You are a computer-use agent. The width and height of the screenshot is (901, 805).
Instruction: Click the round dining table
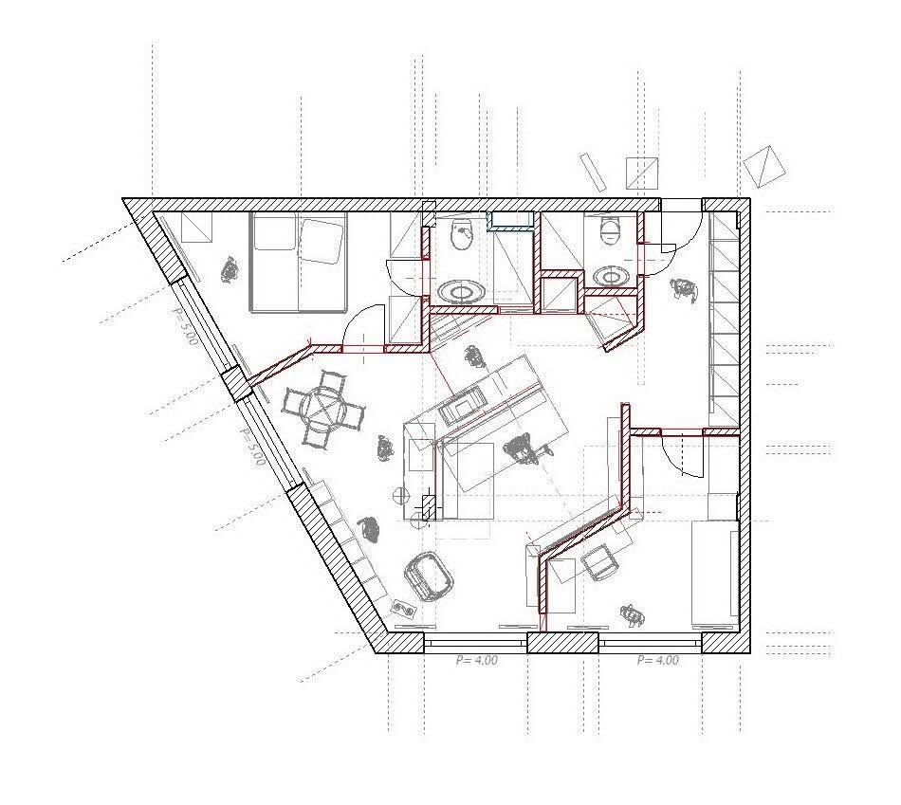[324, 409]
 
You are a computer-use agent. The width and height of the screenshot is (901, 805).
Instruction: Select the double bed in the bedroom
[299, 262]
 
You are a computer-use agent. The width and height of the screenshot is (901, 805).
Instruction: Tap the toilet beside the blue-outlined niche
[462, 234]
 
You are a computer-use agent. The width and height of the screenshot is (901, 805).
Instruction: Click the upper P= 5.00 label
[185, 326]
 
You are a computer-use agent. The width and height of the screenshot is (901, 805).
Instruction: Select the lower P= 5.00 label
[252, 447]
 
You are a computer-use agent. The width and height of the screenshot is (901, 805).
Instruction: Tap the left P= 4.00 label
[477, 660]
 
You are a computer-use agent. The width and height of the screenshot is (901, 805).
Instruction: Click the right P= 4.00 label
[658, 660]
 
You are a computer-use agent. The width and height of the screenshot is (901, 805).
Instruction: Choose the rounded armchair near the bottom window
[429, 576]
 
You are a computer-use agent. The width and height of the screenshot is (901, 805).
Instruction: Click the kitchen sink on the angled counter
[462, 403]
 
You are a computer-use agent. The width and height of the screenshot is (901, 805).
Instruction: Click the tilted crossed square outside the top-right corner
[764, 166]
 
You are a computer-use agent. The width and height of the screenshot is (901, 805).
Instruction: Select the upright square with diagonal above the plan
[642, 173]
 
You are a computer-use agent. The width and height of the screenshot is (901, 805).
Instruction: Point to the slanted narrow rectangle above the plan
[593, 173]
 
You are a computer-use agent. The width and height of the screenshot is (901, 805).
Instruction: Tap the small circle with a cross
[399, 494]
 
